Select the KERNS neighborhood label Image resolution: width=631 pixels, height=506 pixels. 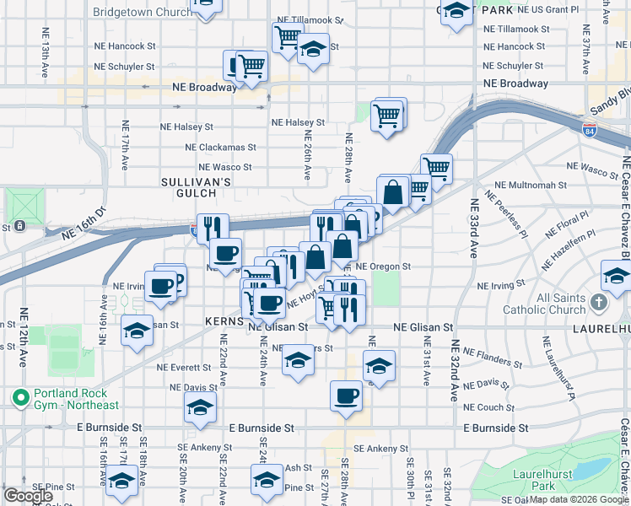pos(224,322)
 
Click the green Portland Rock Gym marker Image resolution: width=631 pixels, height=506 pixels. pos(19,396)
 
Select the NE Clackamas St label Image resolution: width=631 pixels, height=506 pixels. pos(220,147)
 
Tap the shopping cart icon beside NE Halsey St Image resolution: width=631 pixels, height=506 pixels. pos(387,116)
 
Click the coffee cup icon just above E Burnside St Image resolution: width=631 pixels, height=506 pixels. pos(346,396)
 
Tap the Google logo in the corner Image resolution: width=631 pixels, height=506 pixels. pos(29,496)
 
